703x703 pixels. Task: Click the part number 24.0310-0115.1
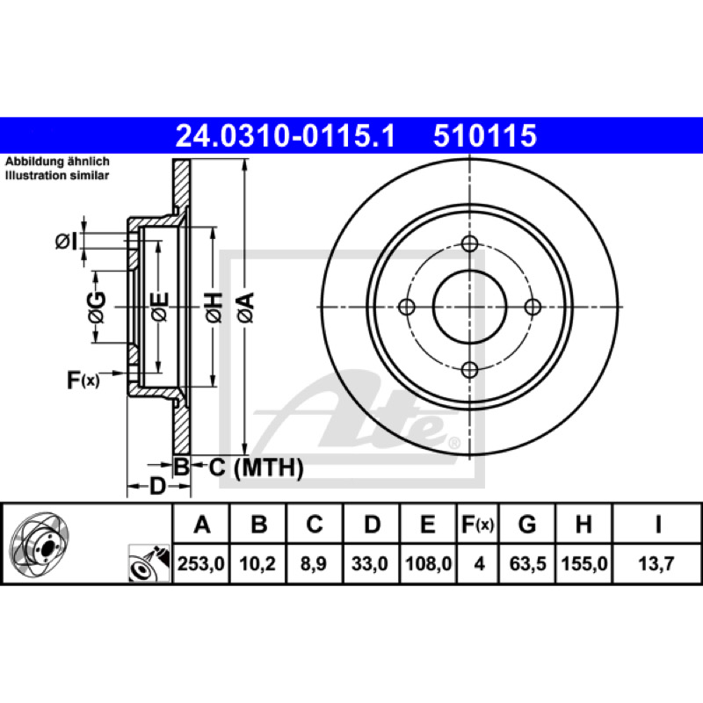(x=286, y=136)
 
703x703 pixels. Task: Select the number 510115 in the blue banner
(x=485, y=136)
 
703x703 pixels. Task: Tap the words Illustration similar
(x=57, y=176)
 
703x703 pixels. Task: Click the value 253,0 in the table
(x=201, y=563)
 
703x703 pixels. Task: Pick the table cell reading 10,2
(x=257, y=563)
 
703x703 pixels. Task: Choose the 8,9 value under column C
(x=314, y=563)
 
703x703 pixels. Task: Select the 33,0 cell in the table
(x=370, y=563)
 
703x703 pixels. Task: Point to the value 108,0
(x=428, y=563)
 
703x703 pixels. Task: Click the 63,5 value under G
(x=528, y=563)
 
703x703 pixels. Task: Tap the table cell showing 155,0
(x=584, y=563)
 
